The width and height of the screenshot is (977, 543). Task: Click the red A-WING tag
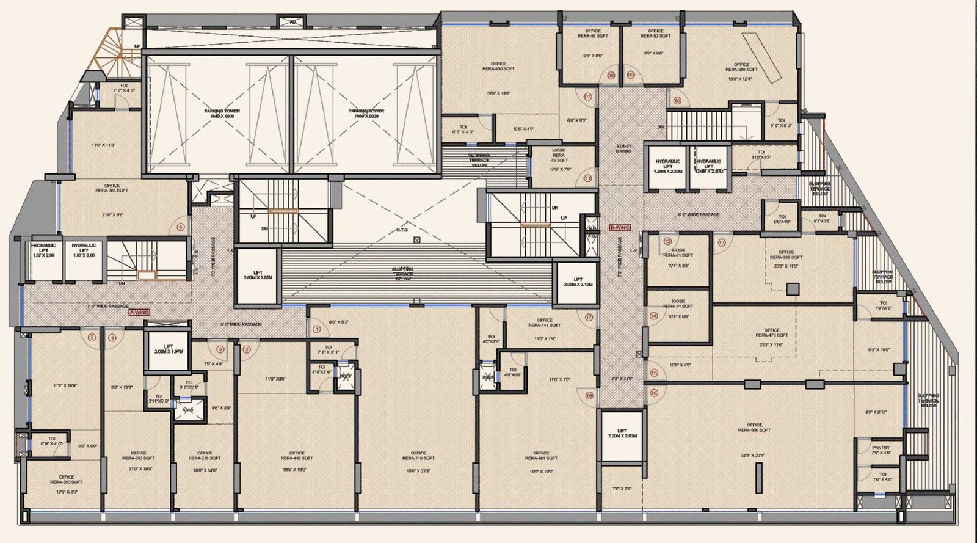pos(139,312)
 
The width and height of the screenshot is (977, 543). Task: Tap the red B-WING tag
pos(620,227)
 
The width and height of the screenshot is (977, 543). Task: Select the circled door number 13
pos(722,242)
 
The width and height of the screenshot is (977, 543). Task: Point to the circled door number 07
pos(588,97)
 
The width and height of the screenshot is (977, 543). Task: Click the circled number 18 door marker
pos(589,395)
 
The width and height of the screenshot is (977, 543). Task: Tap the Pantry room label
pos(881,450)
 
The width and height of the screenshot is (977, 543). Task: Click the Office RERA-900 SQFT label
pos(754,427)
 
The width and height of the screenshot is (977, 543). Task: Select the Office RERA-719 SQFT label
pos(418,456)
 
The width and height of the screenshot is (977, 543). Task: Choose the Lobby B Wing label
pos(623,148)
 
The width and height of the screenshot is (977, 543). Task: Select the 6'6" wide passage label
pos(698,214)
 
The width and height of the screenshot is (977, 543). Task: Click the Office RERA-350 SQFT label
pos(66,479)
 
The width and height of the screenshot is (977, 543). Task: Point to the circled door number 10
pos(677,100)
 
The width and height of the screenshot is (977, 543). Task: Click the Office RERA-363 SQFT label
pos(112,188)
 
